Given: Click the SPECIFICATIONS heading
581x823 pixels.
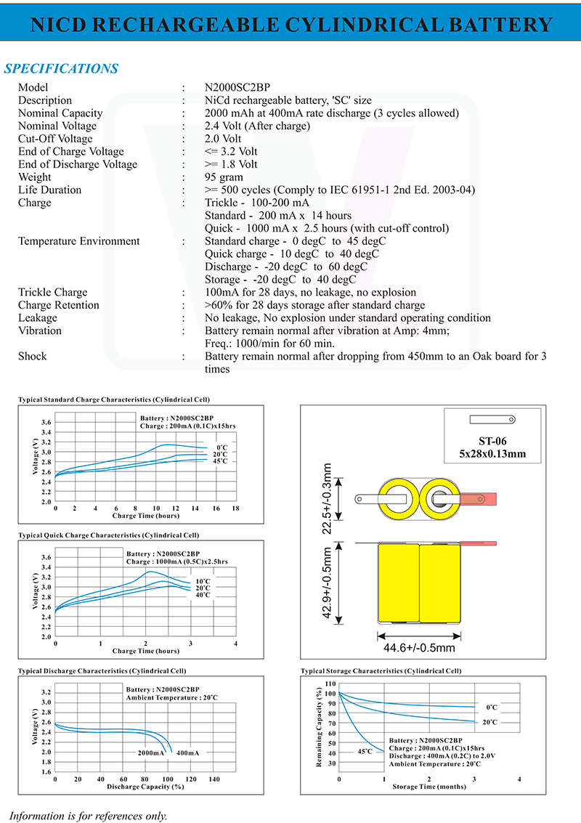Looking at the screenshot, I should coord(61,69).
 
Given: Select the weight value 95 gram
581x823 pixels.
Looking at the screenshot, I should coord(224,177).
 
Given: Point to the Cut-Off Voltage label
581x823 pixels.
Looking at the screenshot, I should coord(55,139).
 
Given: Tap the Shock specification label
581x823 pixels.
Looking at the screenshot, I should coord(33,356).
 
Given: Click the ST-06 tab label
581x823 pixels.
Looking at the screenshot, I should coord(492,440).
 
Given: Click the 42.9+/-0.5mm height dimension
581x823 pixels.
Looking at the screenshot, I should coord(328,583).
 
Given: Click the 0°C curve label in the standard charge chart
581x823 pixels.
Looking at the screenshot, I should coord(222,447).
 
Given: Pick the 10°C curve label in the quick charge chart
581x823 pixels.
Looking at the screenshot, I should coord(203,581).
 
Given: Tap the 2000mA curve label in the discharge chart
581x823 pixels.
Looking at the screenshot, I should coord(152,753).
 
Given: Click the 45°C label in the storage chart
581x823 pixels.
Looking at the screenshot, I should coord(365,751).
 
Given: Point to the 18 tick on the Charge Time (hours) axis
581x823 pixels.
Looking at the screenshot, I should coord(235,508).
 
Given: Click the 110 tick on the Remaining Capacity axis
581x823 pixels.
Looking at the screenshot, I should coord(331,684).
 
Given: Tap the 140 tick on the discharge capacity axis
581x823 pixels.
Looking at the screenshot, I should coord(214,779).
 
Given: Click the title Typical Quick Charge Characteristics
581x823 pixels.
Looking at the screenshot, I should coord(108,535).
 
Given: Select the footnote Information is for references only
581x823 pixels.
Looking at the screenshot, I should coord(89,815).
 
